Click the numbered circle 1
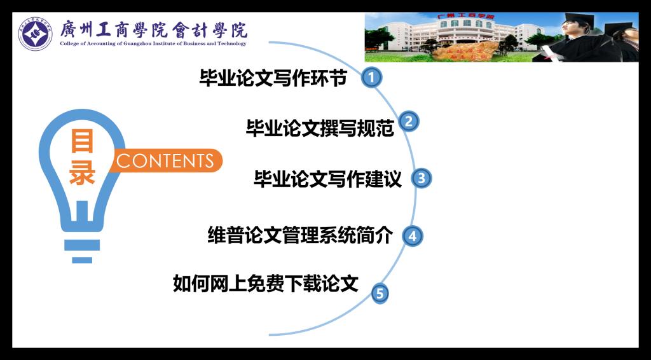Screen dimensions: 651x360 (371, 78)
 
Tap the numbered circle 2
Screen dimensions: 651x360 (409, 121)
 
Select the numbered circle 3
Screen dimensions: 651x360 (421, 179)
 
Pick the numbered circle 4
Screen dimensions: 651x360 (412, 236)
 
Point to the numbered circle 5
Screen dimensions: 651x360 (380, 294)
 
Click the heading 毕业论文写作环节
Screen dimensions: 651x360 (273, 78)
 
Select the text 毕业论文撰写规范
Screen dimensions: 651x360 (320, 128)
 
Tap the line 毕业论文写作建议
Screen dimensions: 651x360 (327, 179)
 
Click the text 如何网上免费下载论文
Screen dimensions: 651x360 (265, 284)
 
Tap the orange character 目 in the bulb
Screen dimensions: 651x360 (82, 141)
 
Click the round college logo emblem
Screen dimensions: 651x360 (36, 34)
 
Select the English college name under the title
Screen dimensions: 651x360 (153, 44)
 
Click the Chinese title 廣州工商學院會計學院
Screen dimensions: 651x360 (154, 29)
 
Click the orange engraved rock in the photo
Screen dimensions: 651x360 (465, 52)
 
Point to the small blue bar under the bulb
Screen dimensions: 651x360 (82, 260)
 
